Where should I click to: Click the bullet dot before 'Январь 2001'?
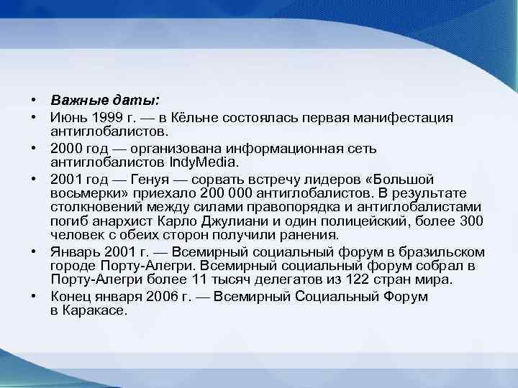pos(33,251)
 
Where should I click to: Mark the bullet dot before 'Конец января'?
pos(33,296)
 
